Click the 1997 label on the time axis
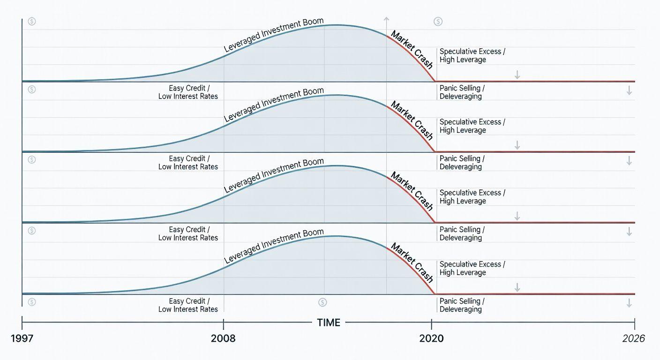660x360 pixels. point(22,338)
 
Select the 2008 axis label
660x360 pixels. point(224,338)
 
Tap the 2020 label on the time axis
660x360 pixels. point(432,338)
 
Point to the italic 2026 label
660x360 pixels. point(634,338)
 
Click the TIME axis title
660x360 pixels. point(329,322)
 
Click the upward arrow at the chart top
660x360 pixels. point(386,20)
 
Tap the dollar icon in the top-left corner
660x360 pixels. point(31,21)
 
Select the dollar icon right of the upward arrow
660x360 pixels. point(438,21)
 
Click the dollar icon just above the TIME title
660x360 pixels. point(322,302)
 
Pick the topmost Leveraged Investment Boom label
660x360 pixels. point(274,36)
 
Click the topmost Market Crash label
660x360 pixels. point(412,50)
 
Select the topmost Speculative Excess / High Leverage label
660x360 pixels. point(472,56)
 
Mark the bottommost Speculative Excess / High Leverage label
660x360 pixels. point(472,268)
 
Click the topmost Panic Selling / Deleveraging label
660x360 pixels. point(462,92)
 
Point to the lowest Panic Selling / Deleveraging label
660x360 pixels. point(462,305)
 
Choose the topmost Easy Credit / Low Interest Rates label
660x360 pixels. point(188,92)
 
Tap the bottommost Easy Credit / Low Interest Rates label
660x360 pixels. point(188,305)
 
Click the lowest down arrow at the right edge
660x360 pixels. point(629,303)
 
